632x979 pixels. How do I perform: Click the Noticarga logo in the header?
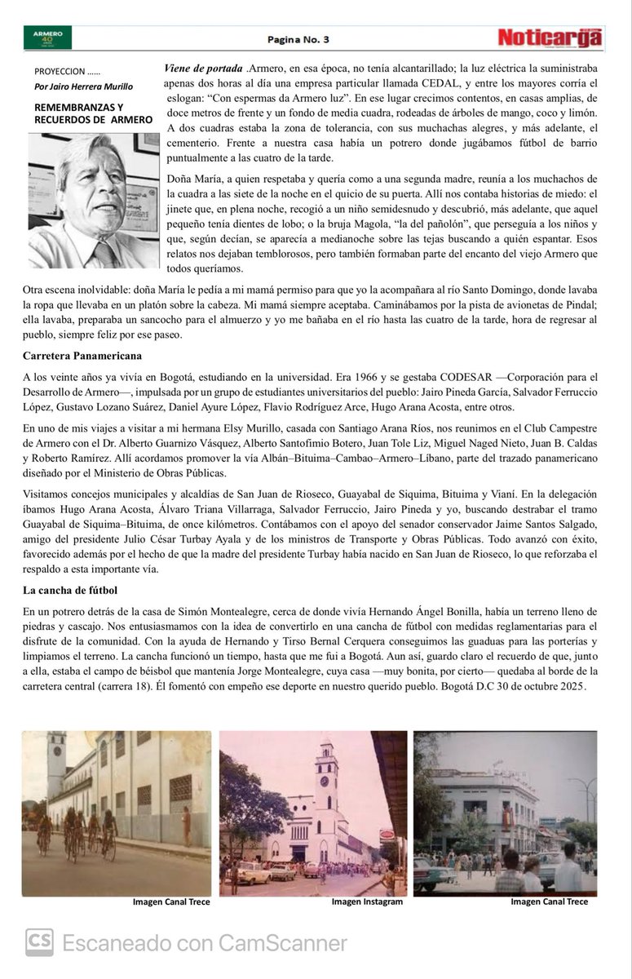point(550,38)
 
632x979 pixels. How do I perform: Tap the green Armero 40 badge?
point(48,38)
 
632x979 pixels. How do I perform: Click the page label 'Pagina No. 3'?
point(298,39)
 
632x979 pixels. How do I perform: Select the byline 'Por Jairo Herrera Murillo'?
point(83,86)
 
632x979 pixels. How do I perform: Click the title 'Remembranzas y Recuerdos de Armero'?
point(92,113)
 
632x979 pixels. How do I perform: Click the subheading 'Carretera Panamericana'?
point(82,356)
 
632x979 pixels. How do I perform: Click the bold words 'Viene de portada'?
point(203,68)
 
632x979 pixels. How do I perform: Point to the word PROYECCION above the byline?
point(59,72)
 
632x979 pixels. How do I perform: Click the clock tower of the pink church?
point(326,772)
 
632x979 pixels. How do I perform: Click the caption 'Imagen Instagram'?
point(367,901)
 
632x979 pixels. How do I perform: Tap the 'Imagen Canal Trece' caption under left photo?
point(171,901)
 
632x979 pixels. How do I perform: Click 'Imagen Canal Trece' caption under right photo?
point(549,901)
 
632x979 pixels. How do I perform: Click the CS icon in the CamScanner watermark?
point(39,943)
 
